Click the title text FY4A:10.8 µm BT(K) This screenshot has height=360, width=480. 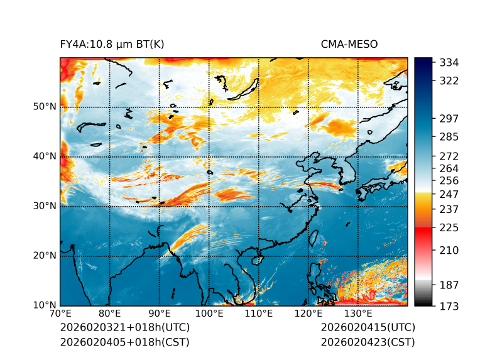click(x=112, y=44)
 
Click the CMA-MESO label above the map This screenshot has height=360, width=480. click(x=349, y=44)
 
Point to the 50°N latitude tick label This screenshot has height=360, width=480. click(x=45, y=107)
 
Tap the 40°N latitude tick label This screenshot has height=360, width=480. click(x=45, y=156)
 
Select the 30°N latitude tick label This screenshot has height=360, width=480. click(x=45, y=206)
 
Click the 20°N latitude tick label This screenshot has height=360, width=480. click(x=45, y=256)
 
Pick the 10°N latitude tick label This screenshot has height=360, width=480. click(x=45, y=305)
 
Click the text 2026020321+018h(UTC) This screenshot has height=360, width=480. click(x=124, y=328)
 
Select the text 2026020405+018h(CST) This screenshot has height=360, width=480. click(x=124, y=342)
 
